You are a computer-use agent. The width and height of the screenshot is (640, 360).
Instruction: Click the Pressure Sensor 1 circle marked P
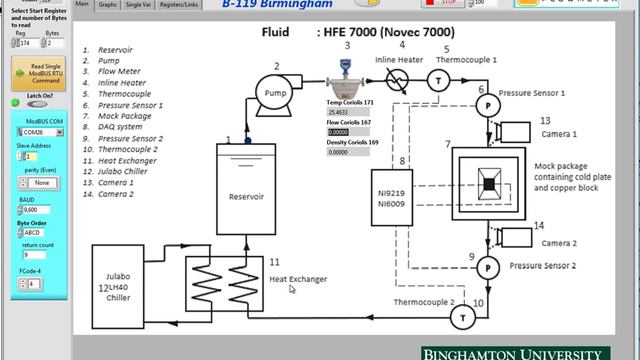click(x=489, y=104)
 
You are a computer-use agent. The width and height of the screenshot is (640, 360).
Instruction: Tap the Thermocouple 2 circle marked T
click(x=462, y=316)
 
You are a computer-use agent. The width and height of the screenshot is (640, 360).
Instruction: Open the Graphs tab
click(x=108, y=5)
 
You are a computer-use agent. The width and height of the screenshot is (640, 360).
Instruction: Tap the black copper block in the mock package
click(x=488, y=184)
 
